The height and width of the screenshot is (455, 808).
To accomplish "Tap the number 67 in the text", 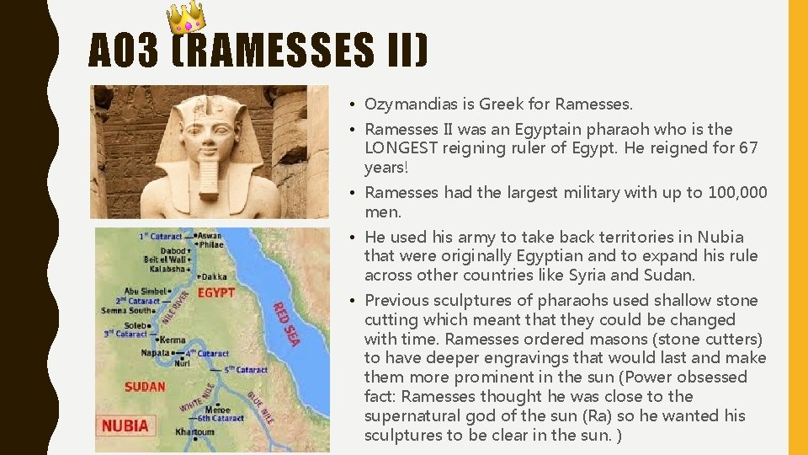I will coord(748,148).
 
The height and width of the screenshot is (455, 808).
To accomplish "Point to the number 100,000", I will coord(732,192).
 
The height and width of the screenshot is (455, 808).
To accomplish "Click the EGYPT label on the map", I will coord(215,292).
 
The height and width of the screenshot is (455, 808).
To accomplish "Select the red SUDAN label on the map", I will coord(145,387).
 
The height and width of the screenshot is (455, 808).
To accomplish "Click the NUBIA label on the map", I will coord(125,426).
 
